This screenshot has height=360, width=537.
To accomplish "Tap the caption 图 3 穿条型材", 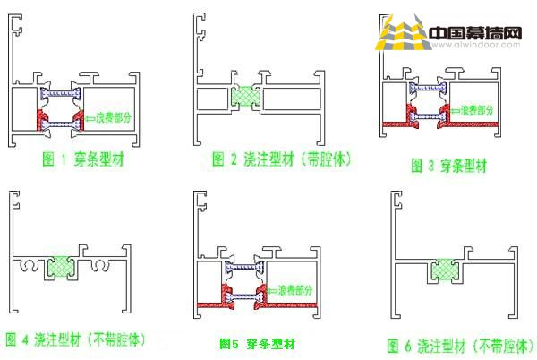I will [448, 165].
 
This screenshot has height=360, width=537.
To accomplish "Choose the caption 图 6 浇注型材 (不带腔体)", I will [456, 345].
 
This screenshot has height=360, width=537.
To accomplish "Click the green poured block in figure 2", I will [243, 97].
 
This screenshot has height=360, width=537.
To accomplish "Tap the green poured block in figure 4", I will [60, 265].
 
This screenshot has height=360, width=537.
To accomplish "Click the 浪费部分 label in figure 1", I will [115, 116].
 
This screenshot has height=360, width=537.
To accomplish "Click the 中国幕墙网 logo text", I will [474, 33].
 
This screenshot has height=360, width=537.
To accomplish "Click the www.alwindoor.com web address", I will [474, 47].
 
